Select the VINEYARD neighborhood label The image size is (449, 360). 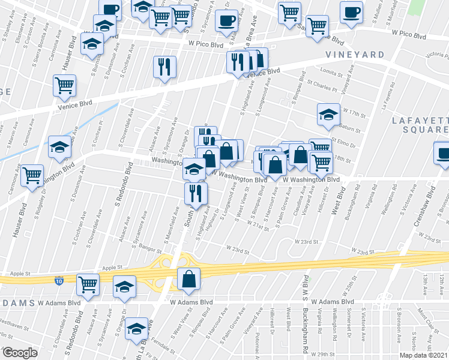click(355, 55)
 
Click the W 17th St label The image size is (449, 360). click(354, 112)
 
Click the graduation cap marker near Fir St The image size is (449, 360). click(137, 327)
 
